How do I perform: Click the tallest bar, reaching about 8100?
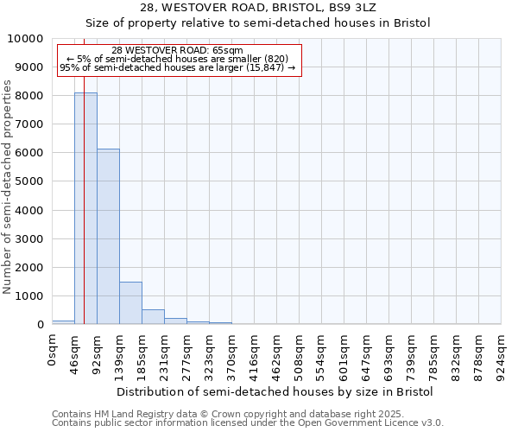click(x=85, y=208)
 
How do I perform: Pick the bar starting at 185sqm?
click(x=153, y=316)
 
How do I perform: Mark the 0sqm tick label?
click(x=53, y=349)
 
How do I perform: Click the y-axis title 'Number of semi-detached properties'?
click(x=8, y=187)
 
